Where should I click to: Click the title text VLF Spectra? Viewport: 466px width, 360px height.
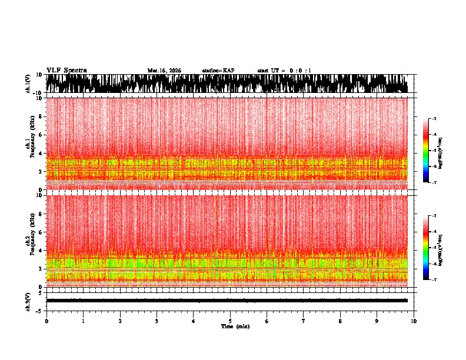(x=66, y=71)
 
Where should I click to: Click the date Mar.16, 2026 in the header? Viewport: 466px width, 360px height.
(x=164, y=71)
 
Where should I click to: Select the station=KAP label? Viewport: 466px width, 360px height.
(x=218, y=71)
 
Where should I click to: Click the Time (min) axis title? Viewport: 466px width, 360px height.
(x=235, y=326)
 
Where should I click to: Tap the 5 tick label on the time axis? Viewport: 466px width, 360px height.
(x=230, y=321)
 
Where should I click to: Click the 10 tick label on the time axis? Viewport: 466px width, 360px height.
(x=414, y=321)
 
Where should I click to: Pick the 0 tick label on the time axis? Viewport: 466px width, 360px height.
(x=46, y=321)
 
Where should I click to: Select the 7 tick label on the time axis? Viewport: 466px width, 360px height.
(x=304, y=321)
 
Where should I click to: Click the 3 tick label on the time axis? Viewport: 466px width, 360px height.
(x=157, y=321)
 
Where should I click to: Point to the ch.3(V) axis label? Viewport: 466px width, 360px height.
(x=28, y=301)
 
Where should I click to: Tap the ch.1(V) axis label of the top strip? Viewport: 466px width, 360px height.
(x=28, y=84)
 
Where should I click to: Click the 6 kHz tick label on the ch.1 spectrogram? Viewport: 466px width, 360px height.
(x=40, y=135)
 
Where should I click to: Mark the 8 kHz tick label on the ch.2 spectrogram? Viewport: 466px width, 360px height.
(x=40, y=214)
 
